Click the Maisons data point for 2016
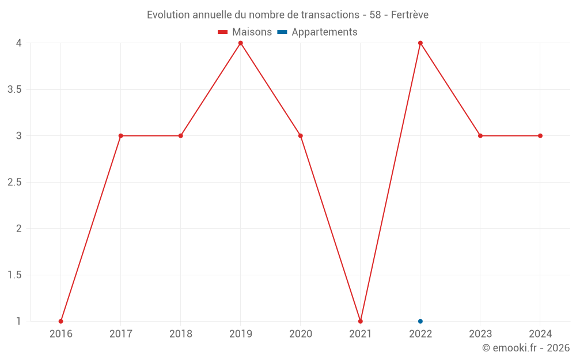60,321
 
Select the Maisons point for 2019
241,43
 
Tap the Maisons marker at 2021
361,321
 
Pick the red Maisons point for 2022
420,43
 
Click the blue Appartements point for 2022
420,321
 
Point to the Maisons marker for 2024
540,136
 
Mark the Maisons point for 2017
121,136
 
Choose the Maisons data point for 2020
301,136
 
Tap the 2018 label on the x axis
181,334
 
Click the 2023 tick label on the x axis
480,334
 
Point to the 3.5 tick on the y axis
14,89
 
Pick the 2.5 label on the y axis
14,182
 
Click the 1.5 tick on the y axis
14,275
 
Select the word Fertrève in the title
410,15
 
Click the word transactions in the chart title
330,15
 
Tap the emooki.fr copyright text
526,348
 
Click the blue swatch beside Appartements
282,32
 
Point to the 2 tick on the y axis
18,229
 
